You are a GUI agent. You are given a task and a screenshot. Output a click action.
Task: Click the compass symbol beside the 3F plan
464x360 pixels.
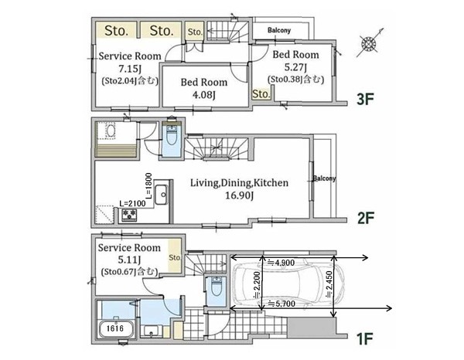coord(369,44)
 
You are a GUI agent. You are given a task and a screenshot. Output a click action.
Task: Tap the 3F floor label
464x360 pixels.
coord(365,99)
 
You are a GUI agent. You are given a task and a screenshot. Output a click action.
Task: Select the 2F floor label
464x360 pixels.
coord(366,218)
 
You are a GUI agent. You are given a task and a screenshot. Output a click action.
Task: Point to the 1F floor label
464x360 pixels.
coord(365,339)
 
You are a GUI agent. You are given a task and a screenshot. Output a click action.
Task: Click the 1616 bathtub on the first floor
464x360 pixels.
coord(116,328)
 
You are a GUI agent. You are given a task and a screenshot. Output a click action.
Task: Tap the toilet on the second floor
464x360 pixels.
coord(172,135)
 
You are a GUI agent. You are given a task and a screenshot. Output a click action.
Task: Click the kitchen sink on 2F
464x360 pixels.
coord(162,195)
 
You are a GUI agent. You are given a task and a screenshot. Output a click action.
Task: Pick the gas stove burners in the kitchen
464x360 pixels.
coord(129,215)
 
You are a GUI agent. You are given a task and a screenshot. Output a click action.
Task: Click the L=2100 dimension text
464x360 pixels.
coord(132,204)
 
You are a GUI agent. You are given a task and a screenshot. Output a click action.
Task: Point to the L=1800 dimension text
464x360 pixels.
coord(148,185)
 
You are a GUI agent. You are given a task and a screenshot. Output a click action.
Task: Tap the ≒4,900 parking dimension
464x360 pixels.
coord(281,263)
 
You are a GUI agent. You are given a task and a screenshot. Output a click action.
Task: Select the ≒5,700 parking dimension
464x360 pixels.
coord(281,304)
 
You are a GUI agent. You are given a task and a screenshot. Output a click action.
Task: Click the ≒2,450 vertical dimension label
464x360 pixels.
coord(329,285)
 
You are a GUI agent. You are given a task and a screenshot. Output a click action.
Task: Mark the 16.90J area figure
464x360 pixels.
coord(239,195)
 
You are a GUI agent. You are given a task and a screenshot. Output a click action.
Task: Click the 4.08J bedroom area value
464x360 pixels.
coord(204,95)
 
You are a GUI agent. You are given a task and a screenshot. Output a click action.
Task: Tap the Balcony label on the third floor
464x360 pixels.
coord(279,30)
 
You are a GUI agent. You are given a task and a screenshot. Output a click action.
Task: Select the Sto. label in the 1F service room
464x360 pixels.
coord(175,258)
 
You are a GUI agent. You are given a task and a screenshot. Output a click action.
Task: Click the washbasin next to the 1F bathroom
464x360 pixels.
coord(151,331)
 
